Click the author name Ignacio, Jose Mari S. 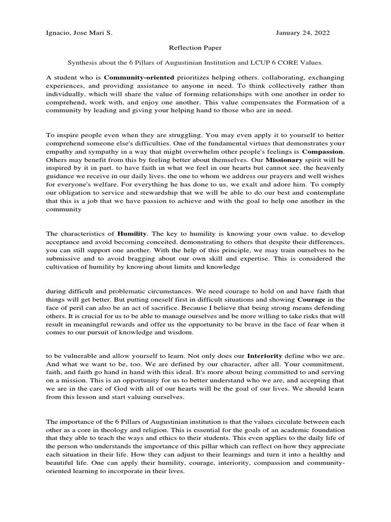(x=78, y=33)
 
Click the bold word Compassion (x=323, y=151)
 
